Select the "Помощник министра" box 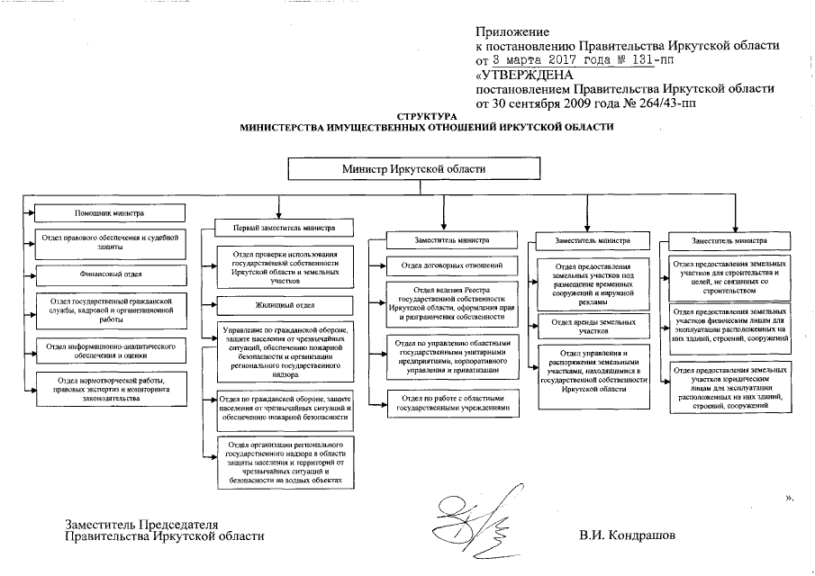click(108, 214)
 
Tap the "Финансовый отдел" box click(108, 273)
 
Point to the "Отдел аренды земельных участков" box click(592, 327)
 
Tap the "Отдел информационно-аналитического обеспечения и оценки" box click(108, 349)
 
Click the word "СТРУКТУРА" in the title click(427, 117)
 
